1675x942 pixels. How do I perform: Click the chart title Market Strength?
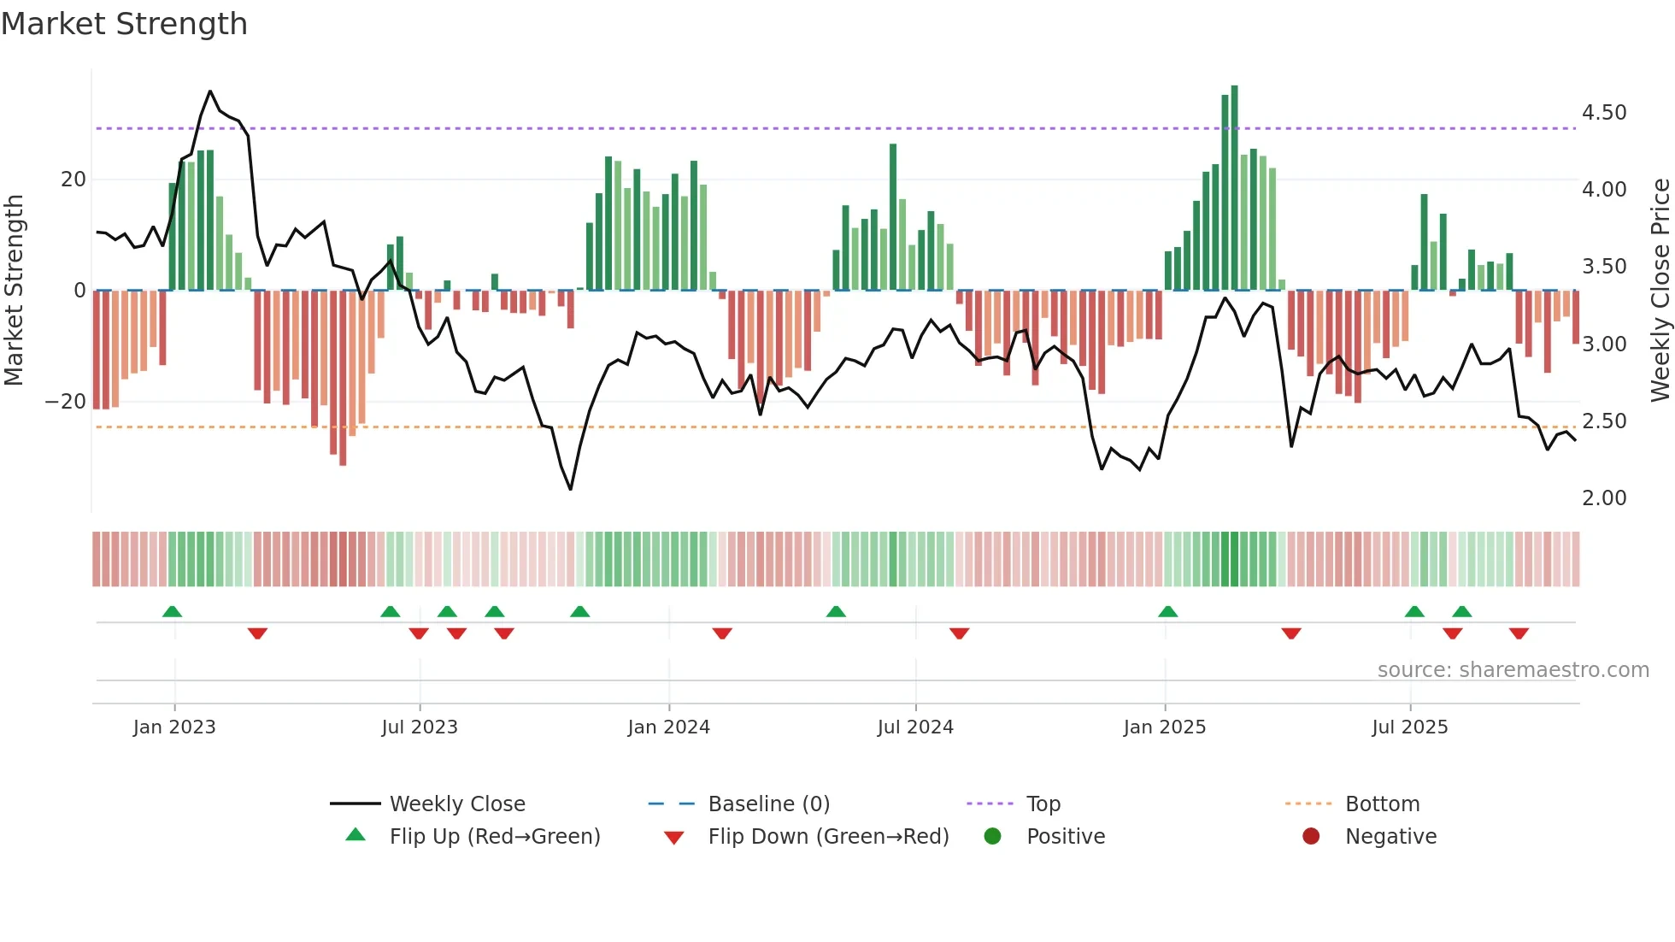pos(124,24)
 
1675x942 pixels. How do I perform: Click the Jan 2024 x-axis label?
pos(668,727)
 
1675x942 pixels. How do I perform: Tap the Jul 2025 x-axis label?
pos(1409,727)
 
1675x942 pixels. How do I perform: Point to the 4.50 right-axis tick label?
pos(1603,113)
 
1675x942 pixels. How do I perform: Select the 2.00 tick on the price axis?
pos(1603,498)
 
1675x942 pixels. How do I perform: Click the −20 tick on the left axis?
pos(65,402)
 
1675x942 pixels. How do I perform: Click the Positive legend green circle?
pos(992,837)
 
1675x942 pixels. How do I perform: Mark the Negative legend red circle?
pos(1311,837)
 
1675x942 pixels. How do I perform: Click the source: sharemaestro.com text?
pos(1513,670)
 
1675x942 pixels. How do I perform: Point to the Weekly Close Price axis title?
pos(1660,291)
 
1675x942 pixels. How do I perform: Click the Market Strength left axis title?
pos(14,291)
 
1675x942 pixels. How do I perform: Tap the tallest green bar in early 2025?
pos(1234,188)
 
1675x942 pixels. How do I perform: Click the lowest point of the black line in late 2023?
pos(571,489)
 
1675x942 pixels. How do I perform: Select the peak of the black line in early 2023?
pos(210,91)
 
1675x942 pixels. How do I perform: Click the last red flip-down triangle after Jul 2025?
pos(1519,633)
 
